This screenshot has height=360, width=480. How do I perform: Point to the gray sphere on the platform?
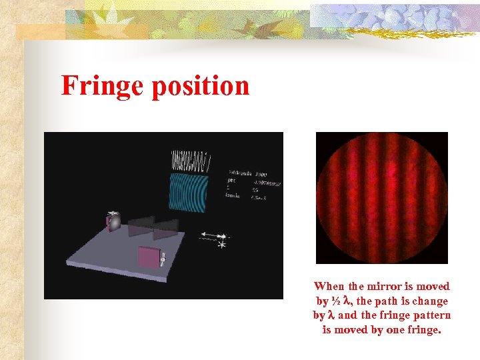[x=114, y=222]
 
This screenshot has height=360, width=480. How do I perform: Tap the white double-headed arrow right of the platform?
[x=213, y=236]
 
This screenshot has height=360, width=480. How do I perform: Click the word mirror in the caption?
[x=382, y=287]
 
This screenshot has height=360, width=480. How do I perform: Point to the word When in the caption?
[x=329, y=287]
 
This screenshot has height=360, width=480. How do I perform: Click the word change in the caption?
[x=431, y=301]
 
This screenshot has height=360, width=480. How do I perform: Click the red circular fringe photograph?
[x=382, y=198]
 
